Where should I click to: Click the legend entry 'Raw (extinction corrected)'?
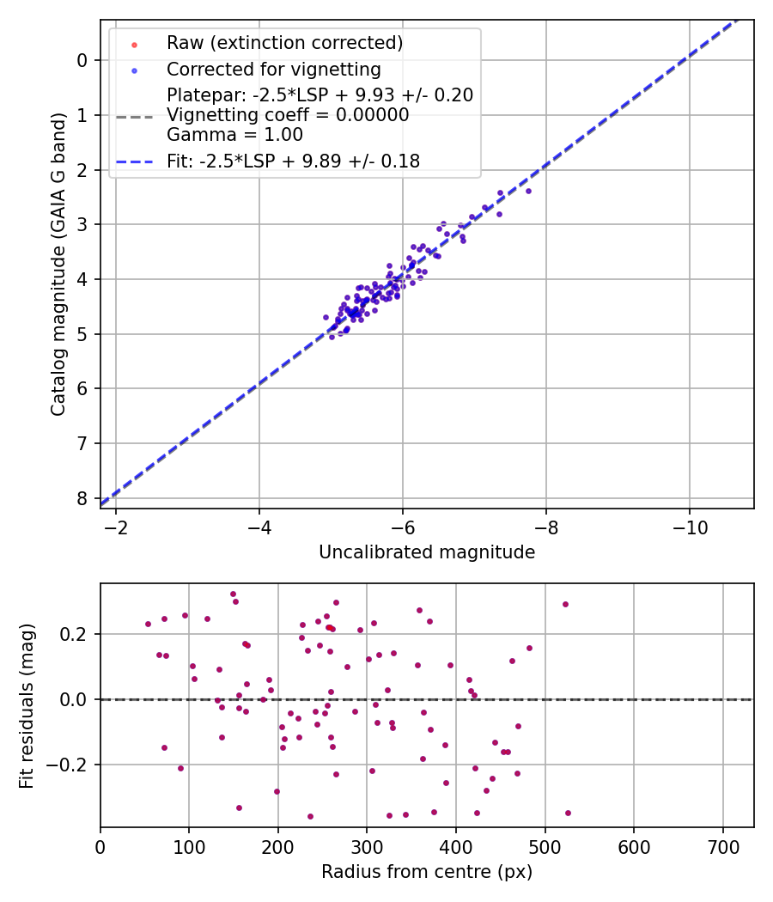coord(284,43)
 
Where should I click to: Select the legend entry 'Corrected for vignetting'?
coord(273,69)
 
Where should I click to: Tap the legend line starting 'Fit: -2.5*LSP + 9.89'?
coord(293,162)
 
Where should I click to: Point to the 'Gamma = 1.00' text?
coord(234,135)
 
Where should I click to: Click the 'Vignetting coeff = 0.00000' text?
coord(288,115)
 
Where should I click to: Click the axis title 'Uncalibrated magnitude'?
coord(427,552)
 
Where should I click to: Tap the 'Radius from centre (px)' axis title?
coord(427,872)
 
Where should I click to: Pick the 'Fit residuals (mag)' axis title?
coord(27,706)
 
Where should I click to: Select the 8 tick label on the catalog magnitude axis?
coord(82,498)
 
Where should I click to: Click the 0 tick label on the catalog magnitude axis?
coord(82,60)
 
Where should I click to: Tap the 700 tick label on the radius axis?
coord(722,846)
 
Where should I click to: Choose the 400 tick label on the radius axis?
coord(456,846)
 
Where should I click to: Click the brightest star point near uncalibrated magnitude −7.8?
coord(528,191)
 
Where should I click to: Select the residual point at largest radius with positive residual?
coord(565,604)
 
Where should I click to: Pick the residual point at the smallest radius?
coord(148,624)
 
